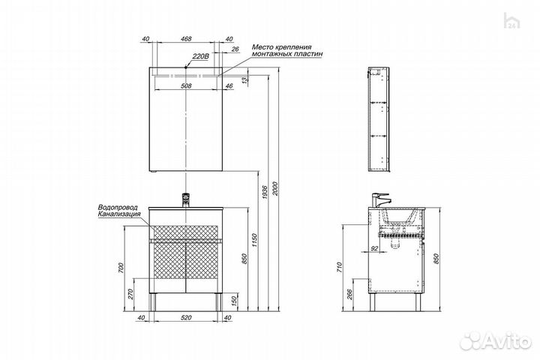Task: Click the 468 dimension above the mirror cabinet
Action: tap(186, 39)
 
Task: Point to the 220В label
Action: tap(200, 56)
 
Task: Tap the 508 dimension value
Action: tap(186, 85)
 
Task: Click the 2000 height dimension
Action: tap(274, 189)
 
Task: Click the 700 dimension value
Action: tap(121, 268)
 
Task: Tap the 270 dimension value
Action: tap(130, 295)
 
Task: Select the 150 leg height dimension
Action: tap(235, 301)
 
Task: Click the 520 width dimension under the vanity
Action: tap(186, 318)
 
